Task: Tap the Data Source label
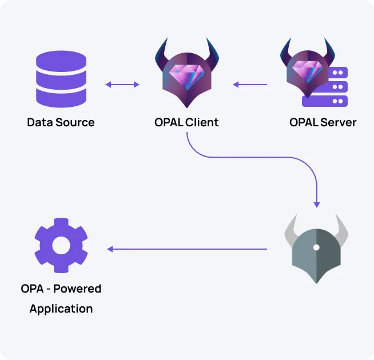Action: (x=61, y=122)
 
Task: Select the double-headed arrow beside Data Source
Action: (x=122, y=85)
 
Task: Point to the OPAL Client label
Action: (x=186, y=122)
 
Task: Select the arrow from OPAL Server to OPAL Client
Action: (x=250, y=85)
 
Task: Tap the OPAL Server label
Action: (x=323, y=122)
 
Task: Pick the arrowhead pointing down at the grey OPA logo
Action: (x=317, y=204)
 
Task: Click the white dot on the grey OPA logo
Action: (x=316, y=247)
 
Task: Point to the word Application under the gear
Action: (x=61, y=309)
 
